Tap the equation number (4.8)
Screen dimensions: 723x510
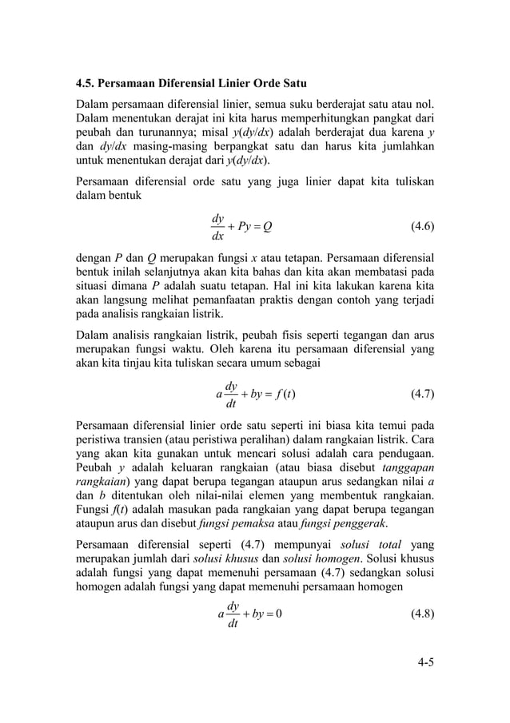click(422, 614)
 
